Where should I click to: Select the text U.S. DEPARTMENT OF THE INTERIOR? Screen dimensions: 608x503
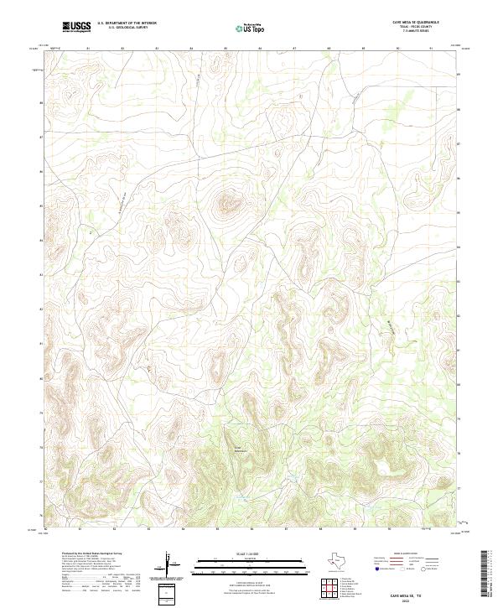127,23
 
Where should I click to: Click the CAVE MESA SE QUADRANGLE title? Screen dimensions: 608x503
416,23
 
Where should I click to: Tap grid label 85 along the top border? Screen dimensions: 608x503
226,49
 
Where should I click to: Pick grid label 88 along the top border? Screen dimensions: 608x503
329,49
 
